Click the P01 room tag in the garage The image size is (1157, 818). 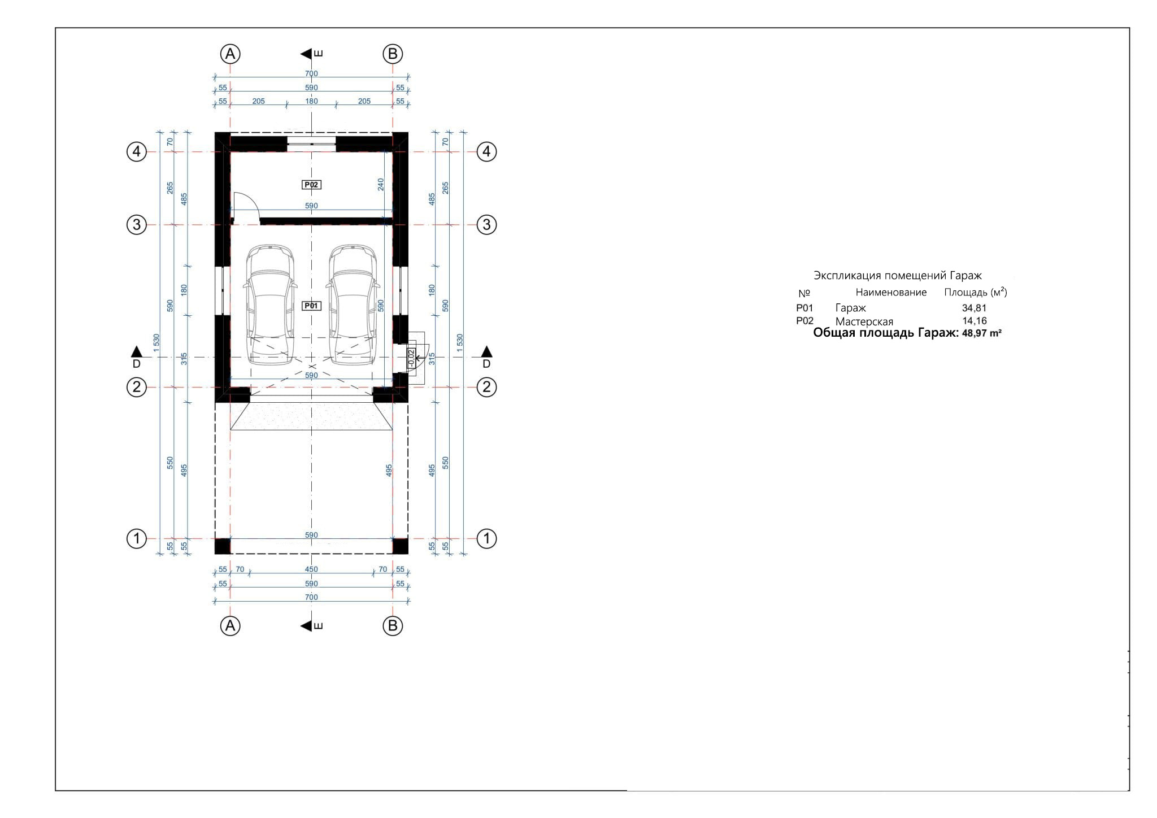pos(312,306)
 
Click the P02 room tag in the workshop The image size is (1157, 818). pos(312,184)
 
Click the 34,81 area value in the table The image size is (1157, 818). pos(974,308)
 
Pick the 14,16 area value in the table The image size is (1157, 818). pos(974,321)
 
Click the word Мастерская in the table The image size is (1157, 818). pos(864,321)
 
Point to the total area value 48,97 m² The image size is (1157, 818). pos(981,333)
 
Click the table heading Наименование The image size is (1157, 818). pos(891,292)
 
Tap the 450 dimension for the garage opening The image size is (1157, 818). pos(311,569)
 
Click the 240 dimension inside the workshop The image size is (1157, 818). pos(381,184)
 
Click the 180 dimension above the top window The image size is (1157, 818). pos(311,101)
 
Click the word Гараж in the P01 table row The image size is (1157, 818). pos(851,308)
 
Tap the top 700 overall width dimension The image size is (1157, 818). pos(311,73)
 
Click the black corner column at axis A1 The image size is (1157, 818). pos(223,546)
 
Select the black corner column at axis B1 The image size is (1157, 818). pos(401,546)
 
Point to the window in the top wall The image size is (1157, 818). pos(312,140)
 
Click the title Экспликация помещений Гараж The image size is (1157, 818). pos(898,276)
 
